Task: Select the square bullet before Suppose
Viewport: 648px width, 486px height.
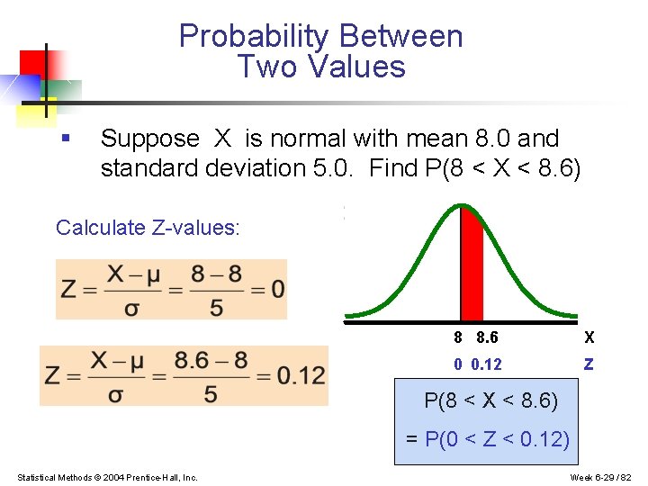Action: (64, 138)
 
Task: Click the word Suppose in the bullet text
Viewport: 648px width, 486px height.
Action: (149, 139)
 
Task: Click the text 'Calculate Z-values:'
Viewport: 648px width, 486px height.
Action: (148, 228)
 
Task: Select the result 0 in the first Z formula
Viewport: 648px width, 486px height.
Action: (277, 289)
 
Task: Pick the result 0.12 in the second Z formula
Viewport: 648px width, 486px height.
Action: (301, 375)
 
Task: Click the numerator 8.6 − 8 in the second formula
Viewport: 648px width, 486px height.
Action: (211, 360)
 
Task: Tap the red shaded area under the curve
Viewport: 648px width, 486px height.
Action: (472, 265)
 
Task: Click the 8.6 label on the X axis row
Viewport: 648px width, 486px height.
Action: (487, 337)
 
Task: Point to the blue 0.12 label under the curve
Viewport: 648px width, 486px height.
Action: (486, 364)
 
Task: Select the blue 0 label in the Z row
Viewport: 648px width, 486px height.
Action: (458, 364)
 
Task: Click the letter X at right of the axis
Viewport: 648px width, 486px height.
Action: (589, 337)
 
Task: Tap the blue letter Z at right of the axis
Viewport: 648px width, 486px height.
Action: (589, 364)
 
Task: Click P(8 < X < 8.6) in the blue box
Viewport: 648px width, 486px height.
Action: (490, 400)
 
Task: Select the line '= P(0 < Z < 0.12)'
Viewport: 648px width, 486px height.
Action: (487, 439)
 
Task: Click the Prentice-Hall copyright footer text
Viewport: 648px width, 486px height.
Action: (107, 477)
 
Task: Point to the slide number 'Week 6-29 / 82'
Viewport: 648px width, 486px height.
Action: (601, 477)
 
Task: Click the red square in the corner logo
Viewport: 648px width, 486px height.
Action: (33, 62)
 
